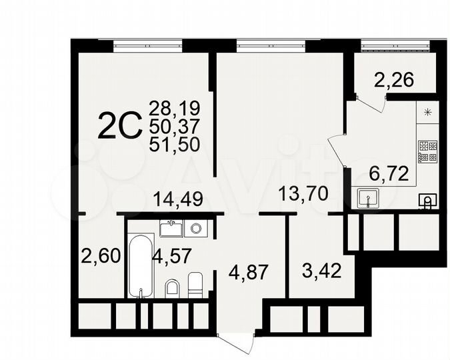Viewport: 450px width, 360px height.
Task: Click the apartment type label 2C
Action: pyautogui.click(x=120, y=126)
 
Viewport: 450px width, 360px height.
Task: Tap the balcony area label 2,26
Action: pyautogui.click(x=394, y=80)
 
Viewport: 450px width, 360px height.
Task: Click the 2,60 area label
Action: pyautogui.click(x=100, y=255)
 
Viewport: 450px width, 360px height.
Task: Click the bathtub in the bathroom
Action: pyautogui.click(x=141, y=265)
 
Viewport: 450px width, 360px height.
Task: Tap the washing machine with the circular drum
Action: pyautogui.click(x=196, y=229)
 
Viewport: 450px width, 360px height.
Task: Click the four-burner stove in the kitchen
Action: pyautogui.click(x=427, y=152)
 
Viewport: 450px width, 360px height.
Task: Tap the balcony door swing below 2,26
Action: pyautogui.click(x=372, y=101)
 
